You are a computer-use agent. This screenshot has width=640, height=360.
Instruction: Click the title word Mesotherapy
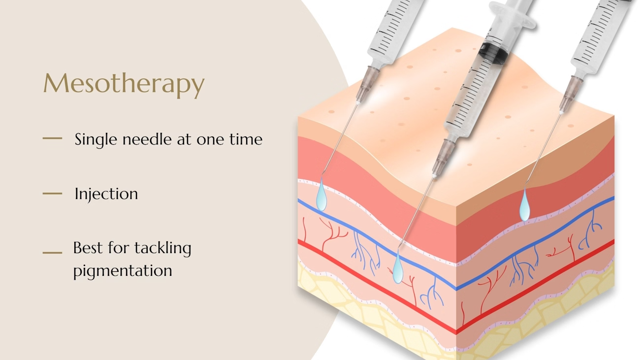pos(124,84)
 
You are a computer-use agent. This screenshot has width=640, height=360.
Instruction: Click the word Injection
pos(106,194)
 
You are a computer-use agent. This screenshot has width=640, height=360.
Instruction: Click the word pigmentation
pos(123,270)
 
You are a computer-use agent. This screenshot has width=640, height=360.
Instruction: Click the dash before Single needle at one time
pos(52,139)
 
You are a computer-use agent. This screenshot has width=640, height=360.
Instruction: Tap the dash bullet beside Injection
pos(52,194)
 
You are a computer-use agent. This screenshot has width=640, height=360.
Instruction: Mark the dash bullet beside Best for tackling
pos(52,253)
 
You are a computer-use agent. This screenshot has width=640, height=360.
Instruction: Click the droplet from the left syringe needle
pos(321,196)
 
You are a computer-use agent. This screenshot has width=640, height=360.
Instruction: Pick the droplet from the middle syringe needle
pos(397,268)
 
